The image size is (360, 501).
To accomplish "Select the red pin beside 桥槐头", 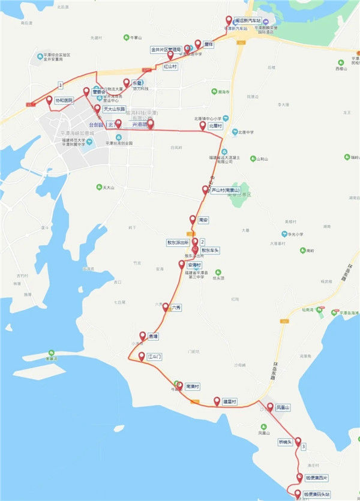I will click(298, 441).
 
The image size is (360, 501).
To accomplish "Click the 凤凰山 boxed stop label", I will click(283, 408).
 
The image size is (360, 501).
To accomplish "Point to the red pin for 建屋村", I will click(217, 401).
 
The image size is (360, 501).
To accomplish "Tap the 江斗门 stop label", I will click(155, 356).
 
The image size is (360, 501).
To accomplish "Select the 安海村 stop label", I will click(195, 265).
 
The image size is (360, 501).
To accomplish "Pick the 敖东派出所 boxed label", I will click(178, 243).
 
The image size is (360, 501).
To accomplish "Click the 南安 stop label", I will click(203, 220).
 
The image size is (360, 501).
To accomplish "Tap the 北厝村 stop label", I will click(215, 127).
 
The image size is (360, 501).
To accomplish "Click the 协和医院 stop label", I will click(63, 101).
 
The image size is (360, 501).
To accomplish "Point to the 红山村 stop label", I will click(170, 67).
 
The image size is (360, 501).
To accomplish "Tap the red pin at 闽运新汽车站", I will click(228, 20).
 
